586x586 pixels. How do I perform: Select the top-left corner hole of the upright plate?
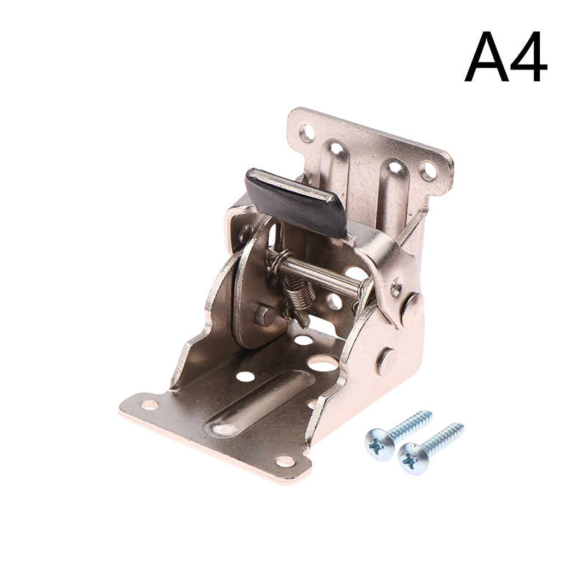click(x=307, y=133)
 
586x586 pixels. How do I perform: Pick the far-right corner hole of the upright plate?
click(x=427, y=171)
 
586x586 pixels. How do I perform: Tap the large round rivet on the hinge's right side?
click(x=412, y=305)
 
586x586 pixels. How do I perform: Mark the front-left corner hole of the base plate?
click(x=150, y=404)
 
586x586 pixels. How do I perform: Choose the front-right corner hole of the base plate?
click(x=286, y=461)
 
